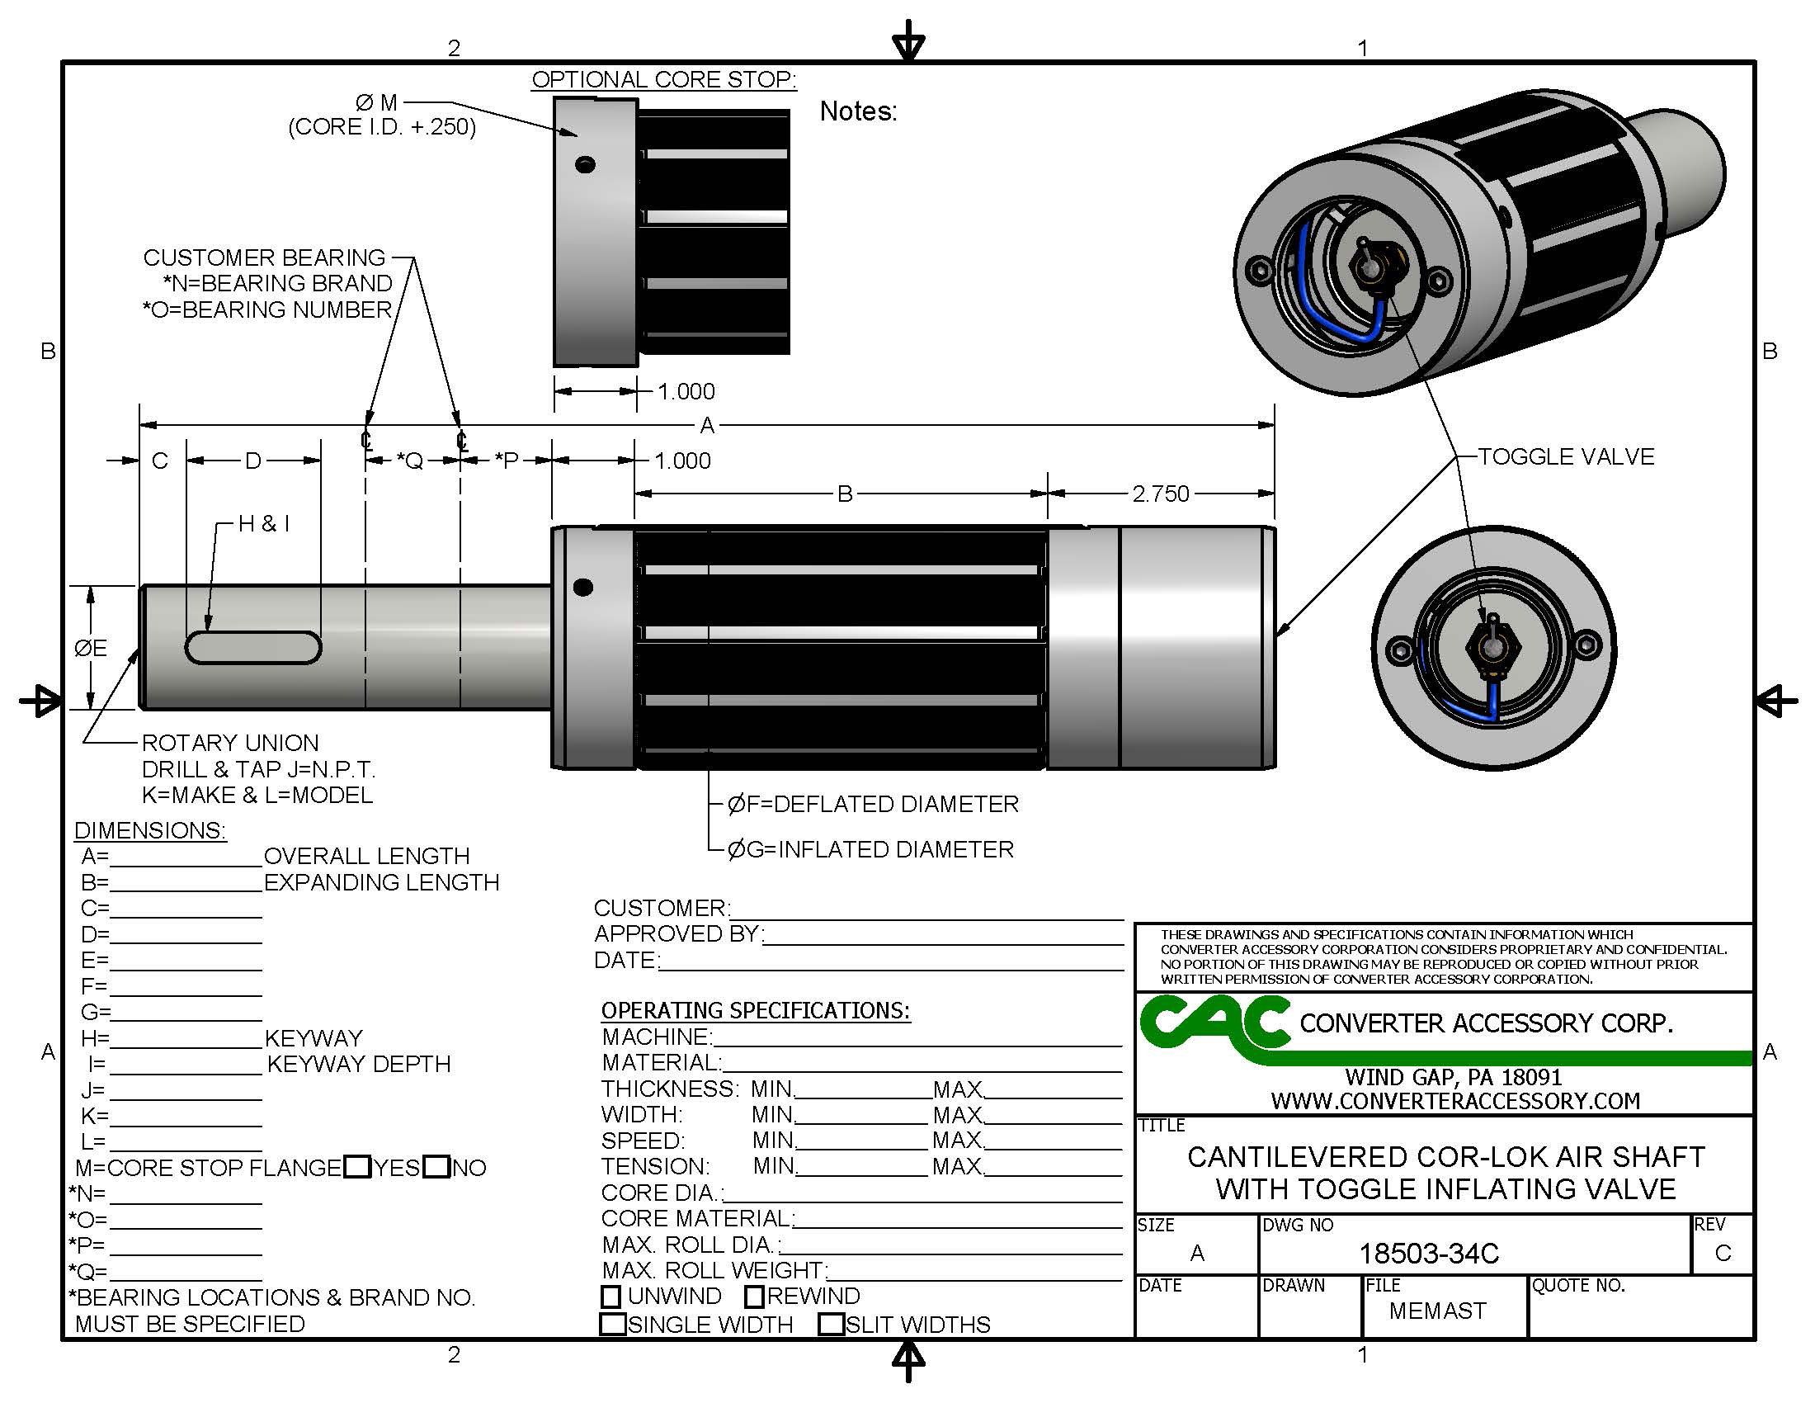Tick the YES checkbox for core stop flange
click(x=357, y=1166)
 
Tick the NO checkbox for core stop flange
click(x=436, y=1166)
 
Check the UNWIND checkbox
click(x=610, y=1296)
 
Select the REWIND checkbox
click(x=755, y=1296)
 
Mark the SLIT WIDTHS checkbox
click(x=831, y=1324)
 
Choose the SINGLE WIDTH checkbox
click(x=613, y=1324)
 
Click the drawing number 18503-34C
click(x=1429, y=1254)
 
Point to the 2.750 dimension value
click(x=1160, y=494)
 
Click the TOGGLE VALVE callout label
click(x=1566, y=456)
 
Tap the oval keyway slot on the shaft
click(x=252, y=648)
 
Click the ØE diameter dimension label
click(x=91, y=648)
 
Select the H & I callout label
click(x=263, y=523)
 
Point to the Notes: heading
click(x=858, y=111)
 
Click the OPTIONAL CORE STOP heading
click(x=664, y=80)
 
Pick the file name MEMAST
click(x=1437, y=1311)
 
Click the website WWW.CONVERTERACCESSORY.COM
click(x=1455, y=1100)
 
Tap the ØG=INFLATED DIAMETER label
click(x=870, y=849)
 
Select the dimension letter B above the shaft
click(x=844, y=494)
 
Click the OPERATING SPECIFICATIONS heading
click(x=756, y=1010)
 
